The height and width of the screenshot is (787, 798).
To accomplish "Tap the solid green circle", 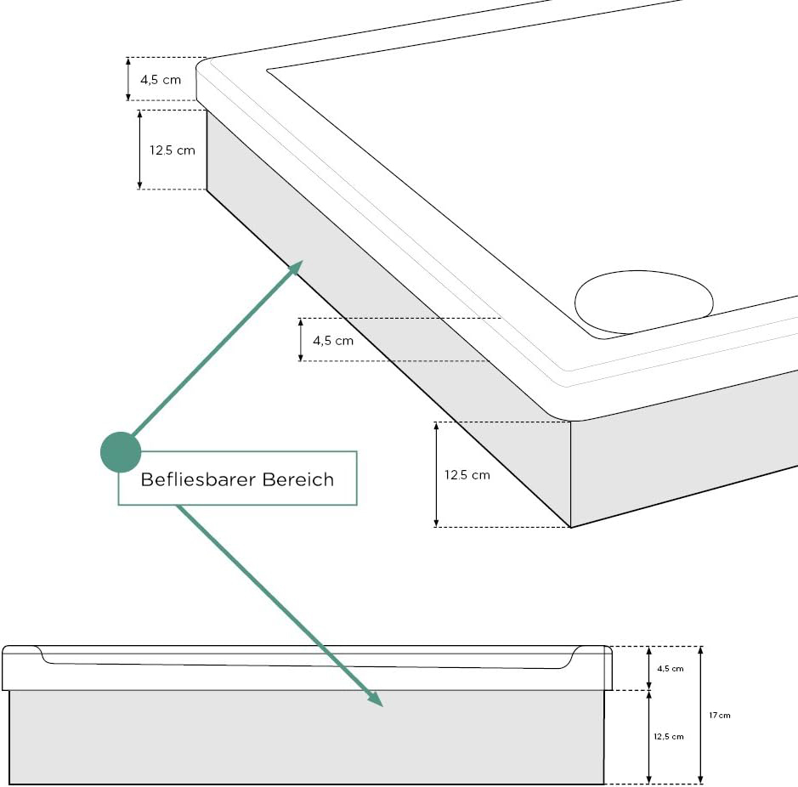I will [x=121, y=452].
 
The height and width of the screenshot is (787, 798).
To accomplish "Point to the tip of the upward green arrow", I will [x=302, y=263].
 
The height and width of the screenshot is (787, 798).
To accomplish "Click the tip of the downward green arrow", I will [x=382, y=705].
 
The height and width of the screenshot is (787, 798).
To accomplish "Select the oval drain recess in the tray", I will [x=643, y=303].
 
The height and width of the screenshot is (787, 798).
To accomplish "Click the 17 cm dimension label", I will [x=719, y=716].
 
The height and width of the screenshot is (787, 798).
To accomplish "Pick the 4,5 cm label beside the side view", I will [x=670, y=668].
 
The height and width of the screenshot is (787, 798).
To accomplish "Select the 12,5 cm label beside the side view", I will [x=668, y=736].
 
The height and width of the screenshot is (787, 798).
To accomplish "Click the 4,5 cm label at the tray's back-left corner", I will [x=161, y=80].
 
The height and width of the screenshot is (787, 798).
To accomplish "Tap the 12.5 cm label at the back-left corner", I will [x=173, y=150].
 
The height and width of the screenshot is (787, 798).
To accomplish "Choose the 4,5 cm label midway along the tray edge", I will [x=333, y=341].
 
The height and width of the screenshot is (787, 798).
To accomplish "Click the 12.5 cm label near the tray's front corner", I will [x=467, y=475].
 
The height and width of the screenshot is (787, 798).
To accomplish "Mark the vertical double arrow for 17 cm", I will [x=701, y=715].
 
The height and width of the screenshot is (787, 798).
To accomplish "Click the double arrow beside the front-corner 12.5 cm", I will [x=436, y=474].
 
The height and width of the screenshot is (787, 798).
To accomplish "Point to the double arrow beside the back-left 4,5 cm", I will [x=127, y=79].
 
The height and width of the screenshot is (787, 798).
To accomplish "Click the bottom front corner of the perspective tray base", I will [x=570, y=527].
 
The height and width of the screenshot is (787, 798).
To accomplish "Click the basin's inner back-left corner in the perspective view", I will [x=269, y=70].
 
